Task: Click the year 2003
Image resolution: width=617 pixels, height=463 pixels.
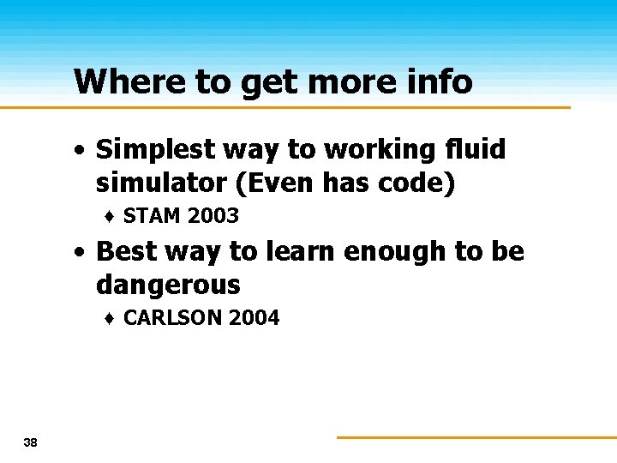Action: click(x=213, y=216)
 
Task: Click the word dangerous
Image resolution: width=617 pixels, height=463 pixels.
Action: click(x=168, y=285)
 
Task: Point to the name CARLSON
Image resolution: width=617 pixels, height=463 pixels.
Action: click(x=170, y=318)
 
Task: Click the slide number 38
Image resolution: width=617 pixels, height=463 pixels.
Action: click(x=31, y=442)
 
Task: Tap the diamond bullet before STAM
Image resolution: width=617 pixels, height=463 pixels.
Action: click(x=111, y=217)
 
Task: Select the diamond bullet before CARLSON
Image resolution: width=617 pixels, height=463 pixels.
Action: click(x=111, y=319)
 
